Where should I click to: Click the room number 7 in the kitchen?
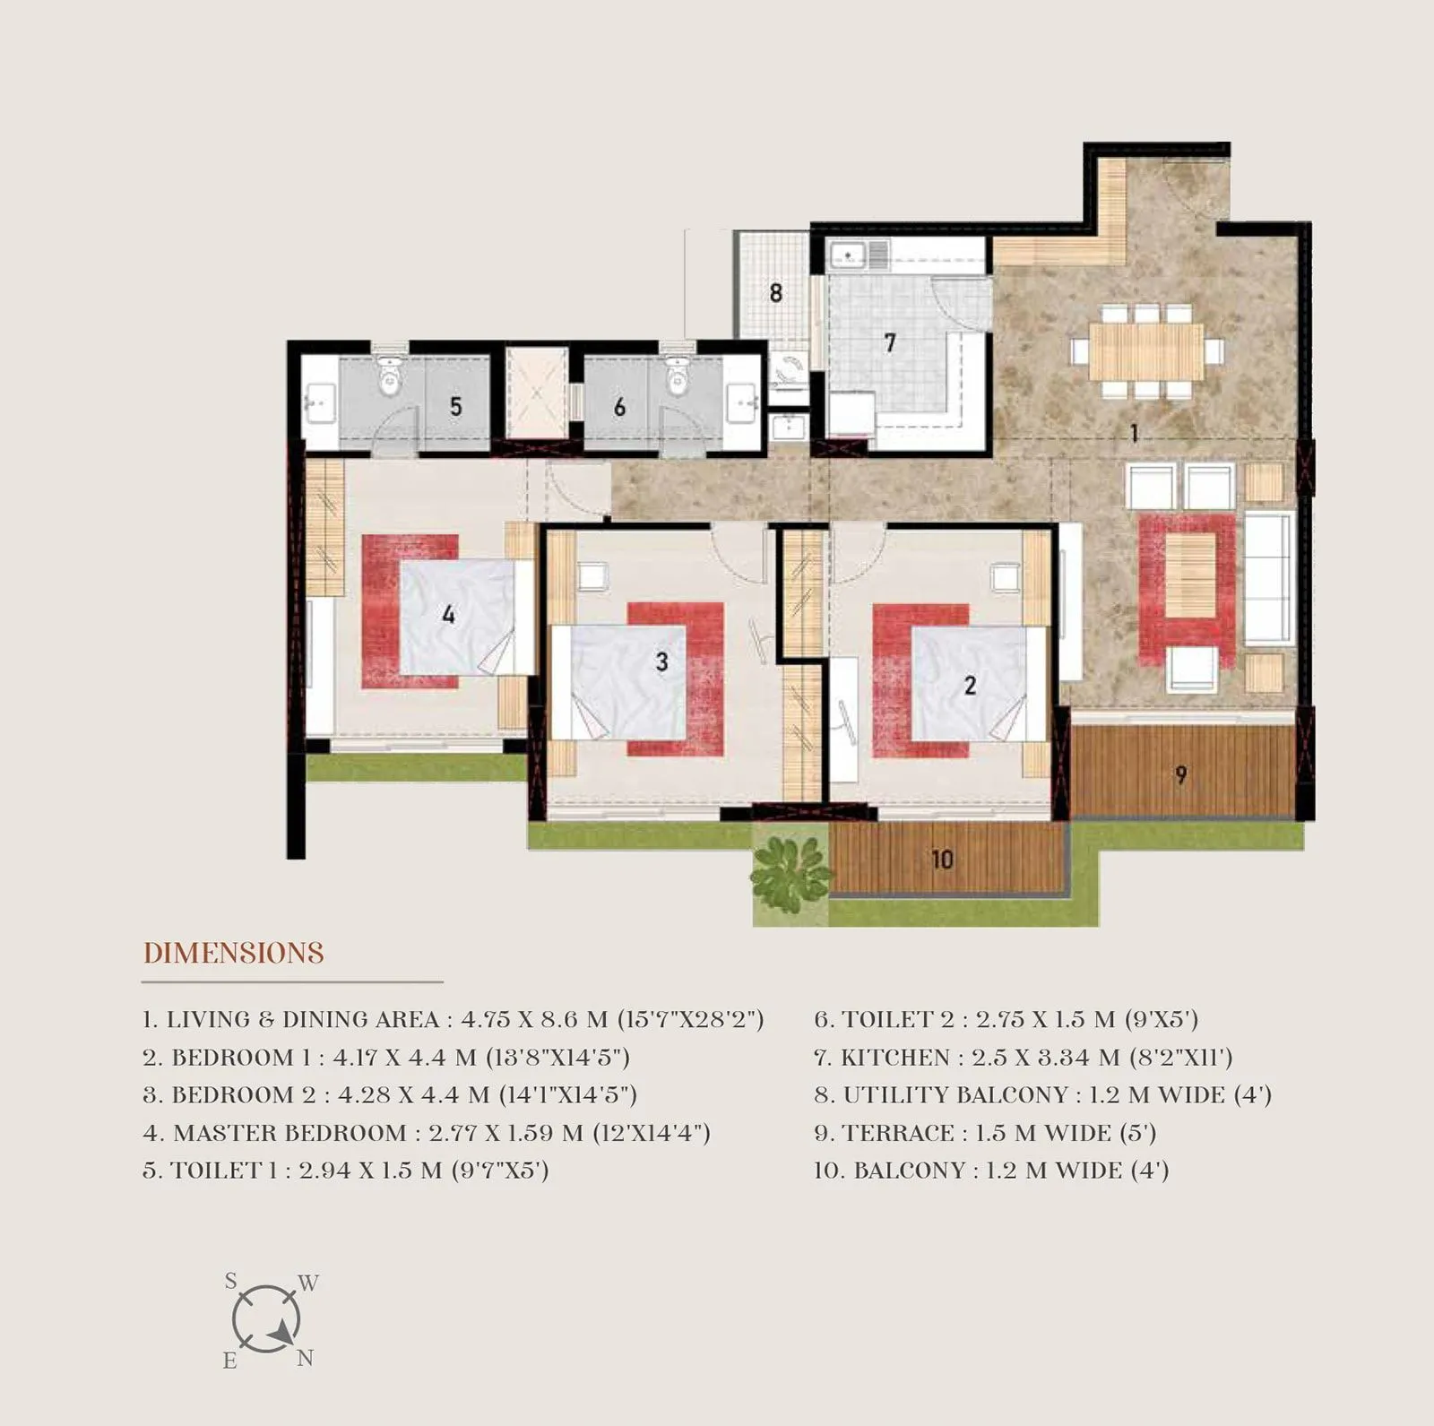[x=889, y=342]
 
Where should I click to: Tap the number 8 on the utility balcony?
[x=775, y=292]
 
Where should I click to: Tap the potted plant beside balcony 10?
[x=790, y=875]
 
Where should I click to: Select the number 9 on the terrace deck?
[x=1180, y=774]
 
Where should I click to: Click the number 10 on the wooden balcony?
[x=941, y=860]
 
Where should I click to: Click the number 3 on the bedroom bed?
[x=661, y=661]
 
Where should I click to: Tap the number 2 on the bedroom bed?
[x=970, y=685]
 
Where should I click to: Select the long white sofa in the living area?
[x=1268, y=578]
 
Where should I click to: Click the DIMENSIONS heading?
[x=234, y=953]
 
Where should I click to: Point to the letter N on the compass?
[x=305, y=1359]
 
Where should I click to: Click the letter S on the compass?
[x=231, y=1282]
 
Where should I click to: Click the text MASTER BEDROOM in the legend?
[x=289, y=1133]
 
